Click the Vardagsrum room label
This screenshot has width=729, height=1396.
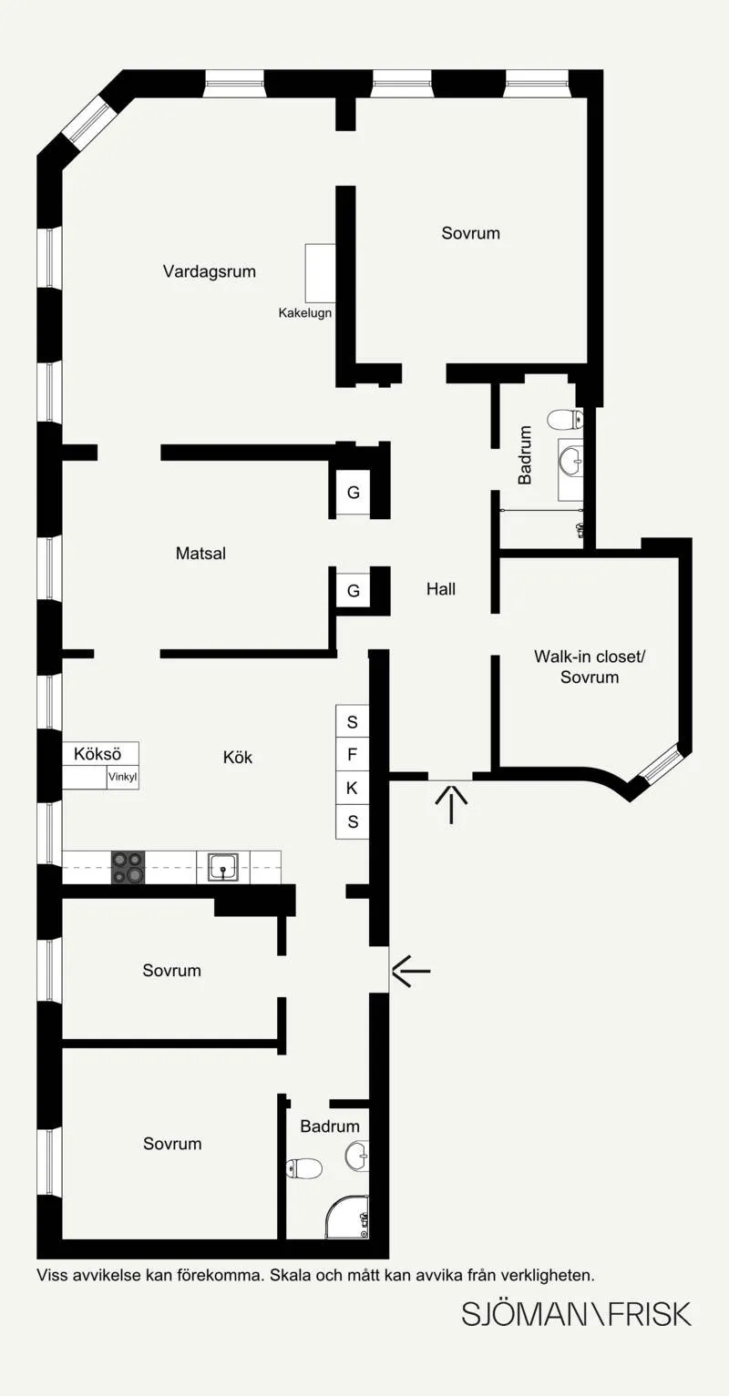coord(210,271)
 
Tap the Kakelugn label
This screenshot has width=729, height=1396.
coord(305,313)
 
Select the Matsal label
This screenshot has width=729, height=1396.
coord(200,554)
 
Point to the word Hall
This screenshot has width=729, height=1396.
coord(441,589)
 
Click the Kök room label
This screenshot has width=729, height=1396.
coord(238,758)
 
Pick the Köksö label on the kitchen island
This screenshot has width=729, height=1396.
coord(98,754)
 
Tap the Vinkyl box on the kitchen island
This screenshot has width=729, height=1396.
coord(122,777)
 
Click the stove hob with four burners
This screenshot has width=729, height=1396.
coord(128,867)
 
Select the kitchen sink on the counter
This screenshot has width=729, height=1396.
coord(222,867)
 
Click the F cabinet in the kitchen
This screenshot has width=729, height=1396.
coord(353,755)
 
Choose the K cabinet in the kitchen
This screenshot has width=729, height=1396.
coord(353,789)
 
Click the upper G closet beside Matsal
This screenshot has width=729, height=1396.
coord(353,493)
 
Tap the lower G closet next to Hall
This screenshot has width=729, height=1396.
coord(353,590)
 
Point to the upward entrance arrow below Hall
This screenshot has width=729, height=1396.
coord(451,805)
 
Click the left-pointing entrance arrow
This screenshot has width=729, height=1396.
coord(411,971)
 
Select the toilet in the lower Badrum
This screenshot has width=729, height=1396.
coord(303,1168)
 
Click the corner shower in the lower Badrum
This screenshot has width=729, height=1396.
coord(347,1218)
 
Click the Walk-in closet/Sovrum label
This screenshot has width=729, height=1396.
coord(590,667)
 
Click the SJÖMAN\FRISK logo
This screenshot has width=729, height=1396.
coord(576,1314)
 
